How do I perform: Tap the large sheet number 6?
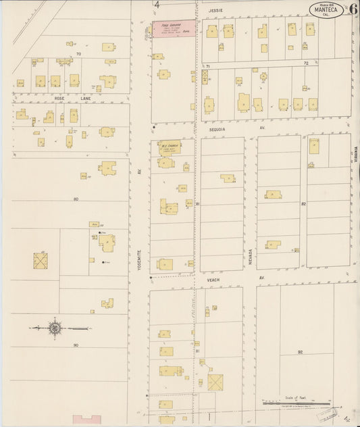353,9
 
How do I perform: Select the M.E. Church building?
166,147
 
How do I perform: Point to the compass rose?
53,329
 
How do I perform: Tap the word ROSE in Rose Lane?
59,99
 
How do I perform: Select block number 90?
76,345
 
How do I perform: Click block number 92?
300,352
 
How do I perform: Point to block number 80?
76,199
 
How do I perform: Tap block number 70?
78,53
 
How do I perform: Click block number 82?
304,203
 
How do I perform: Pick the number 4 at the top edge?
157,5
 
